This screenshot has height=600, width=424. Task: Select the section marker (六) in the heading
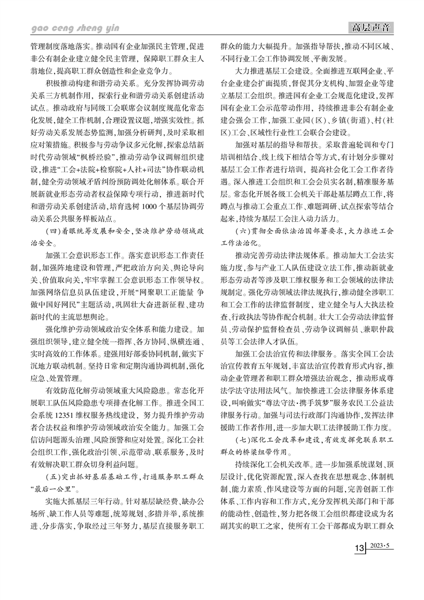coord(245,231)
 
